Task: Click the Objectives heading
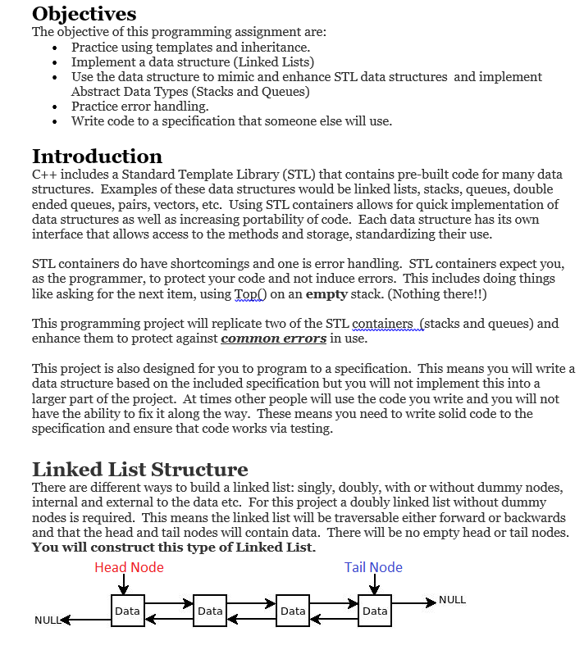point(84,14)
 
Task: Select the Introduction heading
point(97,157)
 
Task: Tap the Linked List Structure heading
point(139,470)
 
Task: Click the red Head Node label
point(129,567)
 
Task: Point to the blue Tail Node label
point(373,567)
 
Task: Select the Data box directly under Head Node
point(127,611)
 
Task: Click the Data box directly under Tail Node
point(374,611)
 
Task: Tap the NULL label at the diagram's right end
point(452,600)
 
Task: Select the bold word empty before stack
point(326,293)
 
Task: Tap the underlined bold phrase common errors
point(273,339)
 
